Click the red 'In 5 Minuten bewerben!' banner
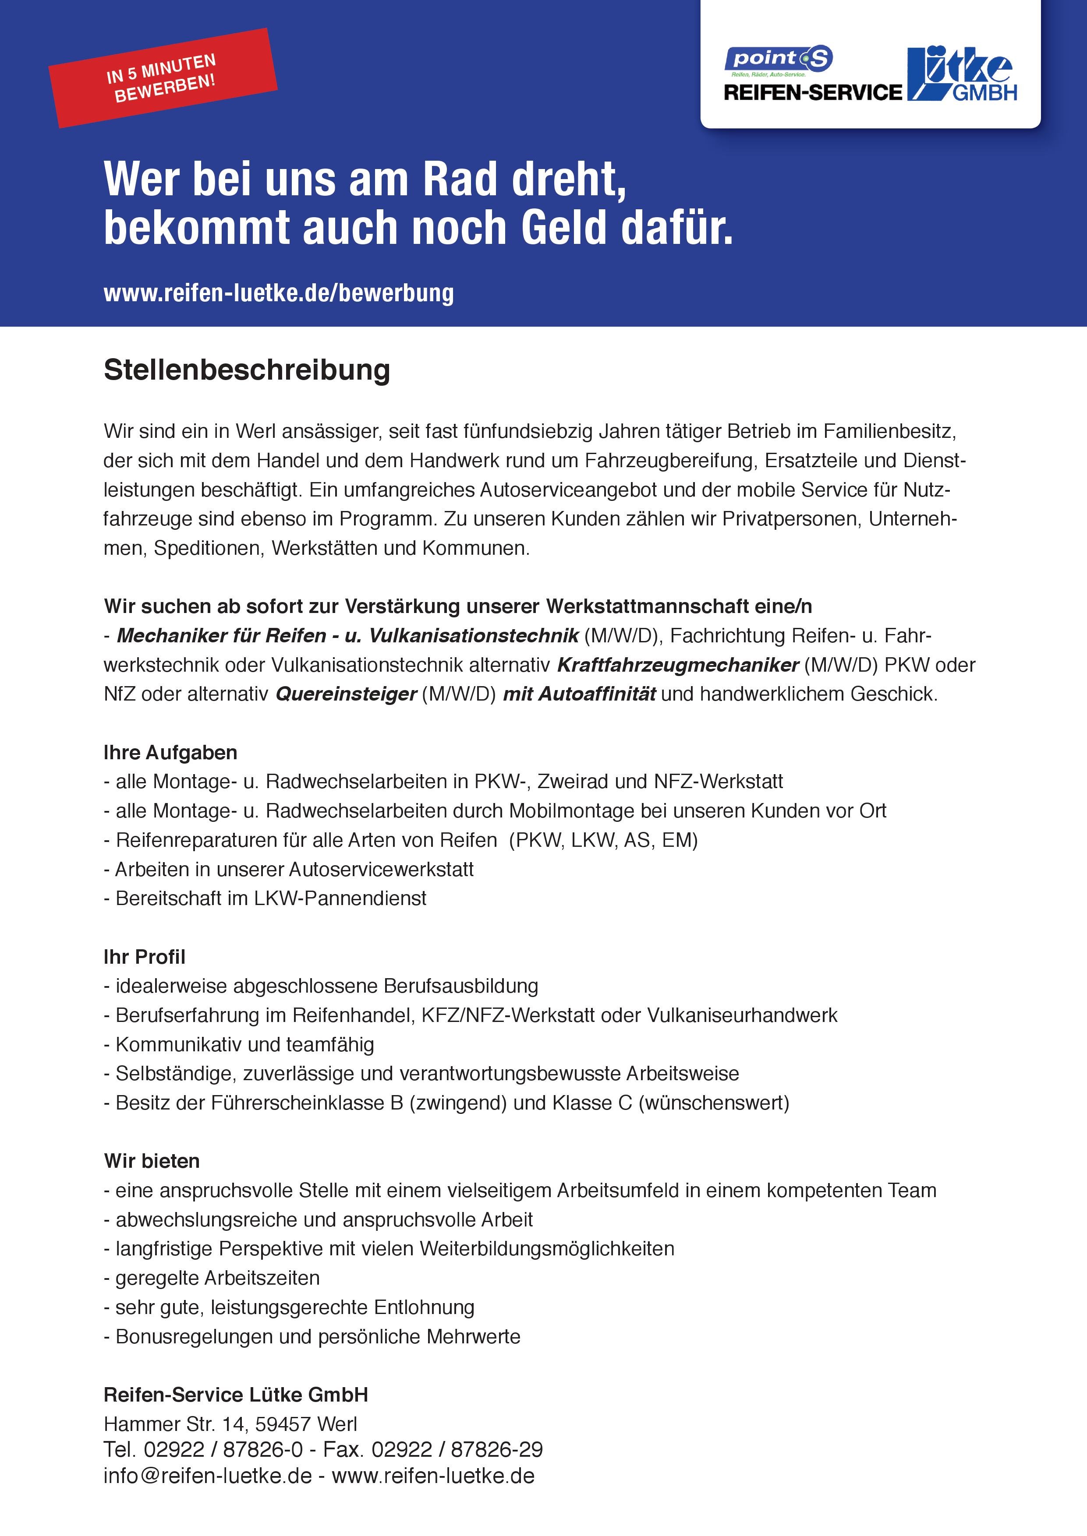point(162,78)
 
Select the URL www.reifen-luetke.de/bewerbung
point(279,293)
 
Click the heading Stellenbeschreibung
point(246,370)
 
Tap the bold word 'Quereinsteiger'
point(346,694)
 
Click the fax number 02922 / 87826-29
point(457,1450)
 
